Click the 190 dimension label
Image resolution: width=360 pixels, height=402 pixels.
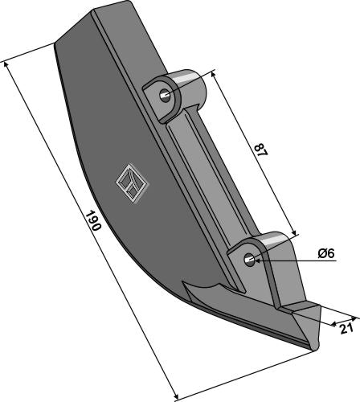point(93,220)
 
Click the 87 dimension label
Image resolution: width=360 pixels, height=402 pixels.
point(260,150)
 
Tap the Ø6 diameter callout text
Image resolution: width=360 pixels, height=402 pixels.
point(326,253)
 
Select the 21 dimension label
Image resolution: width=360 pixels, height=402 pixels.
point(347,329)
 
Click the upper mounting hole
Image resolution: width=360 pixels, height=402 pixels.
point(165,96)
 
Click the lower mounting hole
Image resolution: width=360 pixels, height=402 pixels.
point(250,259)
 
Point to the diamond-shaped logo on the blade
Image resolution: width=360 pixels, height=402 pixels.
point(132,183)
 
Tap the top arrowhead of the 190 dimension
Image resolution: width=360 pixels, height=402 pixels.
point(6,65)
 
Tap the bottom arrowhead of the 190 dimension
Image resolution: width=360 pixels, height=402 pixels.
point(175,396)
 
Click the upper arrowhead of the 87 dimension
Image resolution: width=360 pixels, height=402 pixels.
point(213,74)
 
